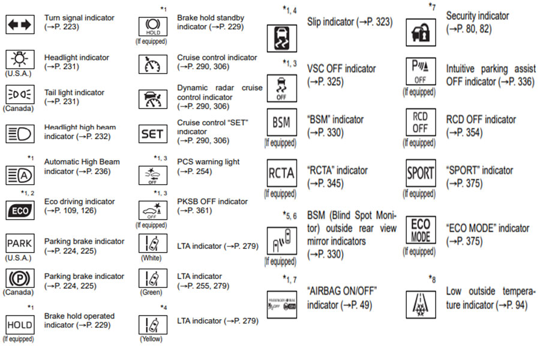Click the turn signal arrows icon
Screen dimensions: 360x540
20,24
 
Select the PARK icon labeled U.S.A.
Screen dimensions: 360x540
20,244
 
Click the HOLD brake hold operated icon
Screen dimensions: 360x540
20,325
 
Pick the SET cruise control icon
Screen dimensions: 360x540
152,134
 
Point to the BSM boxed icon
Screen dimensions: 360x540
281,123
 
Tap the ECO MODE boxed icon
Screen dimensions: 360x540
420,230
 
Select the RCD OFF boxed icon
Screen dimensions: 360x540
420,123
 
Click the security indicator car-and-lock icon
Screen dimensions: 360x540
420,33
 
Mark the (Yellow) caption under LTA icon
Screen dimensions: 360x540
152,339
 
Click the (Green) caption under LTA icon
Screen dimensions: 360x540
152,293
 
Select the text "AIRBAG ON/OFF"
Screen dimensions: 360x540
341,291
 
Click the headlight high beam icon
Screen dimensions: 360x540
20,133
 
